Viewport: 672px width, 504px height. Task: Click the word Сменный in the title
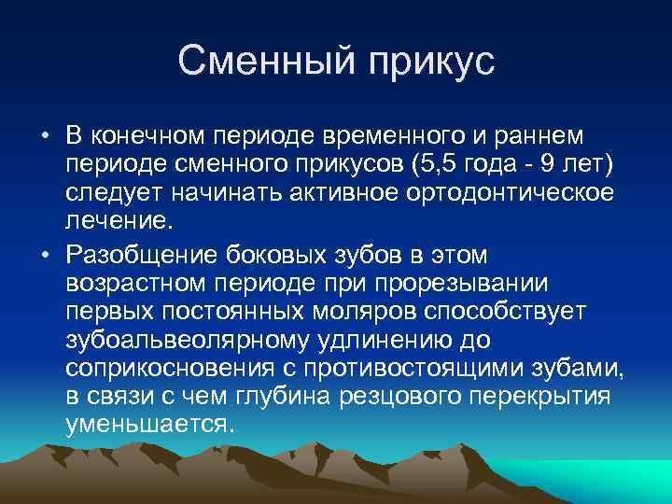[264, 63]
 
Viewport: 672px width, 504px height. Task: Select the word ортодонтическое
[498, 194]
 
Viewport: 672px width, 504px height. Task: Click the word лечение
[119, 222]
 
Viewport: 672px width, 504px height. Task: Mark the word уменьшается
[147, 425]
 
